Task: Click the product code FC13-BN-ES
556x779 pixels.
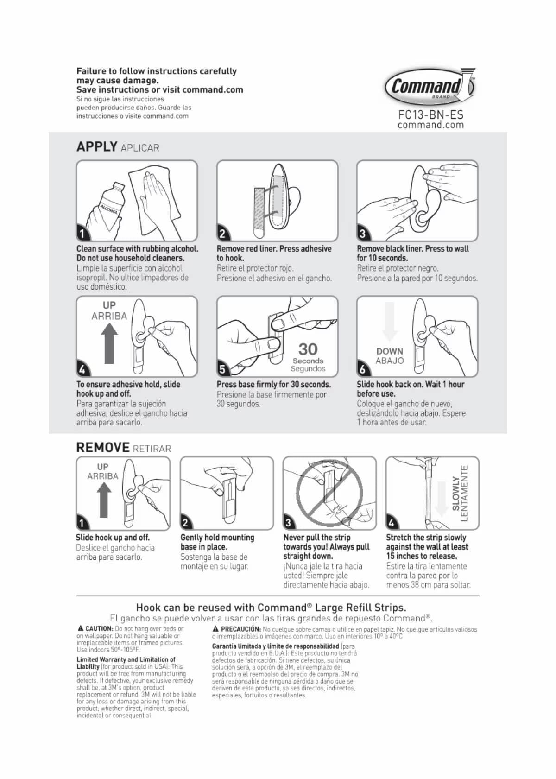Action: (430, 114)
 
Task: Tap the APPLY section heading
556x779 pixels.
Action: (97, 146)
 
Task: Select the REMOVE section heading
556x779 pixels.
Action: (103, 447)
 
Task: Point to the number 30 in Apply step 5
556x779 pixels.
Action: (308, 349)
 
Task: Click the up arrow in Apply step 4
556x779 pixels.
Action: (109, 343)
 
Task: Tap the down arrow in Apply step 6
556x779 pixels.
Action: (390, 322)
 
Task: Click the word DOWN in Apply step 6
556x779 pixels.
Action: (390, 351)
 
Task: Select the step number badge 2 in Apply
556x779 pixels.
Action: (223, 233)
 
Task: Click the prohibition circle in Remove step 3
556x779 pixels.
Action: (329, 493)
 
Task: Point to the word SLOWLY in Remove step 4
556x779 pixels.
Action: (456, 494)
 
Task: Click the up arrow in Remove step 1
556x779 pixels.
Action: (103, 500)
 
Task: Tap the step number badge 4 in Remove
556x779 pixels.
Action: (392, 523)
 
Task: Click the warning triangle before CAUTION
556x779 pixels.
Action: (81, 629)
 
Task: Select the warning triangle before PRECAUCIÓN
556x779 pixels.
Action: (215, 629)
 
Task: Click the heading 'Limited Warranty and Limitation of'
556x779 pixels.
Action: (126, 659)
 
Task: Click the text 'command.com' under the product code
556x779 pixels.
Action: (430, 125)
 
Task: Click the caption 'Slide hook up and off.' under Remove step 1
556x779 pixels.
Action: (113, 538)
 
